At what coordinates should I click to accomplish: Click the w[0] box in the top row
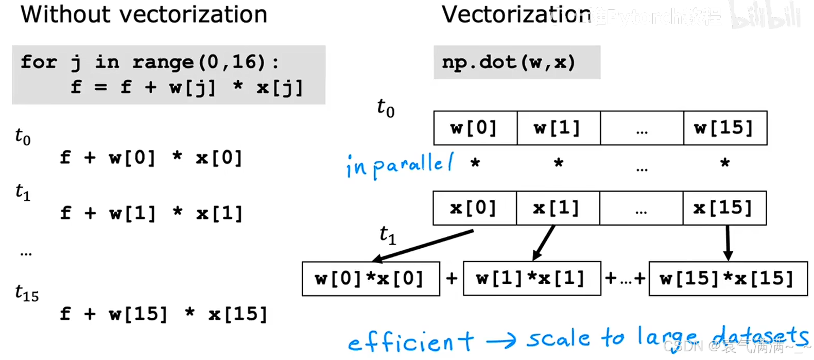(x=475, y=128)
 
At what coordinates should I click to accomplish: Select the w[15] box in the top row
(x=724, y=128)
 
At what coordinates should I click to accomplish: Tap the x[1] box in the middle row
(x=557, y=208)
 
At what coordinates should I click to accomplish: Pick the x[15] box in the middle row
(x=724, y=208)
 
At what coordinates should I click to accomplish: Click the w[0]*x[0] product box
(x=371, y=279)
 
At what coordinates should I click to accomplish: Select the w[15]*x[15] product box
(x=728, y=279)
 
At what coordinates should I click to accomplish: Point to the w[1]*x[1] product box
(x=532, y=279)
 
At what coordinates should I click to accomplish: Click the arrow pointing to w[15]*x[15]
(x=728, y=243)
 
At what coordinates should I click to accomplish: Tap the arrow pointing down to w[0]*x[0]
(x=422, y=246)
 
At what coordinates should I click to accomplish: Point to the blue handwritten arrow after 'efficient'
(x=500, y=340)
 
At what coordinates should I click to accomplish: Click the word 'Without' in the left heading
(x=65, y=14)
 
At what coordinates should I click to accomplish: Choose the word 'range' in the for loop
(x=163, y=62)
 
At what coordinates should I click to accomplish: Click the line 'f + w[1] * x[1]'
(x=151, y=213)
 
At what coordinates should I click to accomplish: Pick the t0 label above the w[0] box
(x=386, y=108)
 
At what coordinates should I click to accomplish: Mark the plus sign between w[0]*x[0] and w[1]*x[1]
(x=452, y=279)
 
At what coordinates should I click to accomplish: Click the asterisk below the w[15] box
(x=725, y=164)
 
